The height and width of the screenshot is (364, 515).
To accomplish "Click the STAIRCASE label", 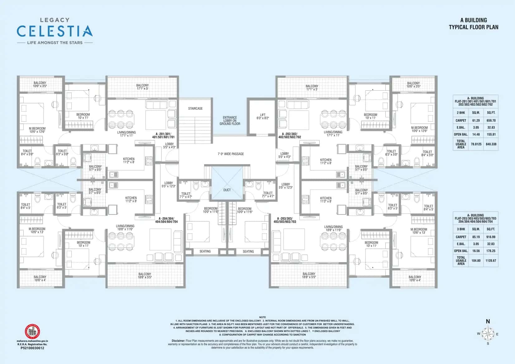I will [195, 108].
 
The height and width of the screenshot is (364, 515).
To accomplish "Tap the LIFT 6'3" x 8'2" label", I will [263, 117].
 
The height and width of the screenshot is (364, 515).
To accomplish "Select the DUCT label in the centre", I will [227, 190].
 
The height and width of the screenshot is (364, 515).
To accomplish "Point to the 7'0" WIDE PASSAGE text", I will [231, 154].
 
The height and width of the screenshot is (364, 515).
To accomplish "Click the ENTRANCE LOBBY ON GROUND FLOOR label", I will [230, 121].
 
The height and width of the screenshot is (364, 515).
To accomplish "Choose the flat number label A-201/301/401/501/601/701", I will [163, 135].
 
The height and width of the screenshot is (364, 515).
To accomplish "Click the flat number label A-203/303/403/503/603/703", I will [285, 220].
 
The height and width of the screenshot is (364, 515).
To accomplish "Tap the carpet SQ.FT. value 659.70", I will [491, 120].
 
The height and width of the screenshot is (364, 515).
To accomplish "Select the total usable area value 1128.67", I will [491, 261].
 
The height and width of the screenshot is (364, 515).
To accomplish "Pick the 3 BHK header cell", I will [461, 229].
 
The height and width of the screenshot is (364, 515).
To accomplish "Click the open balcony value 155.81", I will [491, 134].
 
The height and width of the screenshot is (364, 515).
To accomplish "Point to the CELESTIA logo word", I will [55, 31].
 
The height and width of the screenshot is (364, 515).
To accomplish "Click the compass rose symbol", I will [488, 334].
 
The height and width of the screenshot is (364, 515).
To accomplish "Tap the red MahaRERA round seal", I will [32, 332].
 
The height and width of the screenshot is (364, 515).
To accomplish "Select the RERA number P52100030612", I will [32, 348].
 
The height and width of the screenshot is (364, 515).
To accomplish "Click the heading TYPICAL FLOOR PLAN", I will [473, 27].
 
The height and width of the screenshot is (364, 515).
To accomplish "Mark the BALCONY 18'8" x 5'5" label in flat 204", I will [145, 275].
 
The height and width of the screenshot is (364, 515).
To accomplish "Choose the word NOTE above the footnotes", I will [262, 317].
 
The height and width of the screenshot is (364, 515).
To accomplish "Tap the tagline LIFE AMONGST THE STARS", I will [55, 43].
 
